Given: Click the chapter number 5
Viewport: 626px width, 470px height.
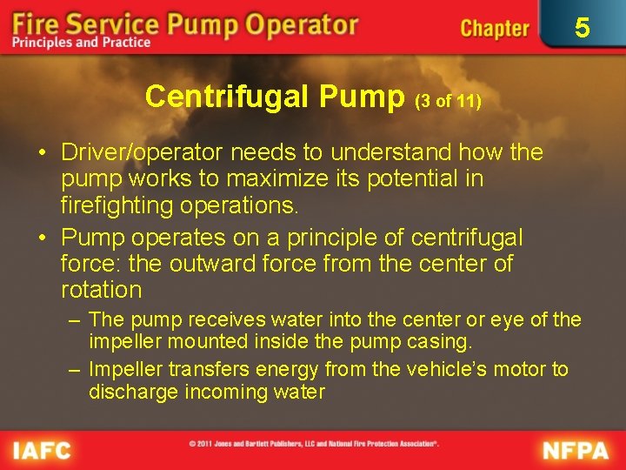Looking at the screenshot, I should point(582,28).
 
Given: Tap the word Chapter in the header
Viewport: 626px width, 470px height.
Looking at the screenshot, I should point(494,28).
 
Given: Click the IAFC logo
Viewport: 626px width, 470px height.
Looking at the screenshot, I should point(42,451).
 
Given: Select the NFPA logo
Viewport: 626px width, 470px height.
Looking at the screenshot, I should point(576,451).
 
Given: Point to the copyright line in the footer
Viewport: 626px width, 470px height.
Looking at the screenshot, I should point(314,444).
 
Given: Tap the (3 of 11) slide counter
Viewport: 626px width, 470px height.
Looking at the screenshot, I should point(449,101).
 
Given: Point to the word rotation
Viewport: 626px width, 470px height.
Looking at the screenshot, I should point(101,289).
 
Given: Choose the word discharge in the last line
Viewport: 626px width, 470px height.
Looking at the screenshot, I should point(132,392).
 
